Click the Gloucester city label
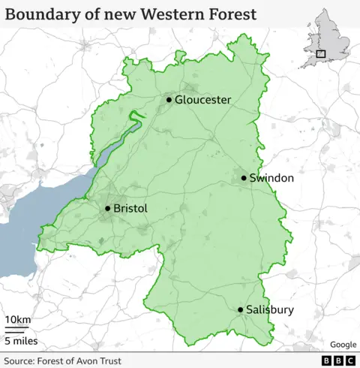202,100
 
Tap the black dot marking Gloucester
169,99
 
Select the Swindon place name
271,179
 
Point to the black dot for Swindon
244,178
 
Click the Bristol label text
130,209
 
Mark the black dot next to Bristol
108,208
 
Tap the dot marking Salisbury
241,309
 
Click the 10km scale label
18,321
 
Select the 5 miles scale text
21,342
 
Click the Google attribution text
343,345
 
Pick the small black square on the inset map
321,53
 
